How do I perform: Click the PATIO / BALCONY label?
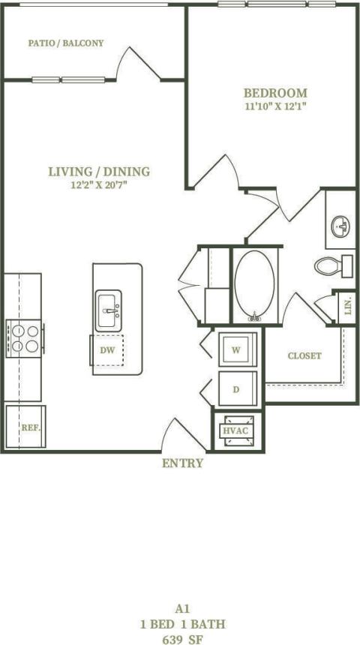66,43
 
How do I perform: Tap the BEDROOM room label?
275,93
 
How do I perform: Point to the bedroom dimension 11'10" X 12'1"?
275,106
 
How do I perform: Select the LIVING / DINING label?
99,172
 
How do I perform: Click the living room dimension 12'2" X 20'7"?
99,185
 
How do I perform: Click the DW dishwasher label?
106,349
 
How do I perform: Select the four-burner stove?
24,337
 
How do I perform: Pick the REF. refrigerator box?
25,427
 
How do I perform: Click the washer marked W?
236,349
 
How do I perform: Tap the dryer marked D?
236,389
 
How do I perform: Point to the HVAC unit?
236,431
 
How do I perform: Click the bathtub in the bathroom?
255,285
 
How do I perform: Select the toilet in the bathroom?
333,265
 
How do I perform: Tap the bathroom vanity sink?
341,224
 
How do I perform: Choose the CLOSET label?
304,355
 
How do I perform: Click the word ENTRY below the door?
182,463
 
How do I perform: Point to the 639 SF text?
181,639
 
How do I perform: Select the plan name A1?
181,610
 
